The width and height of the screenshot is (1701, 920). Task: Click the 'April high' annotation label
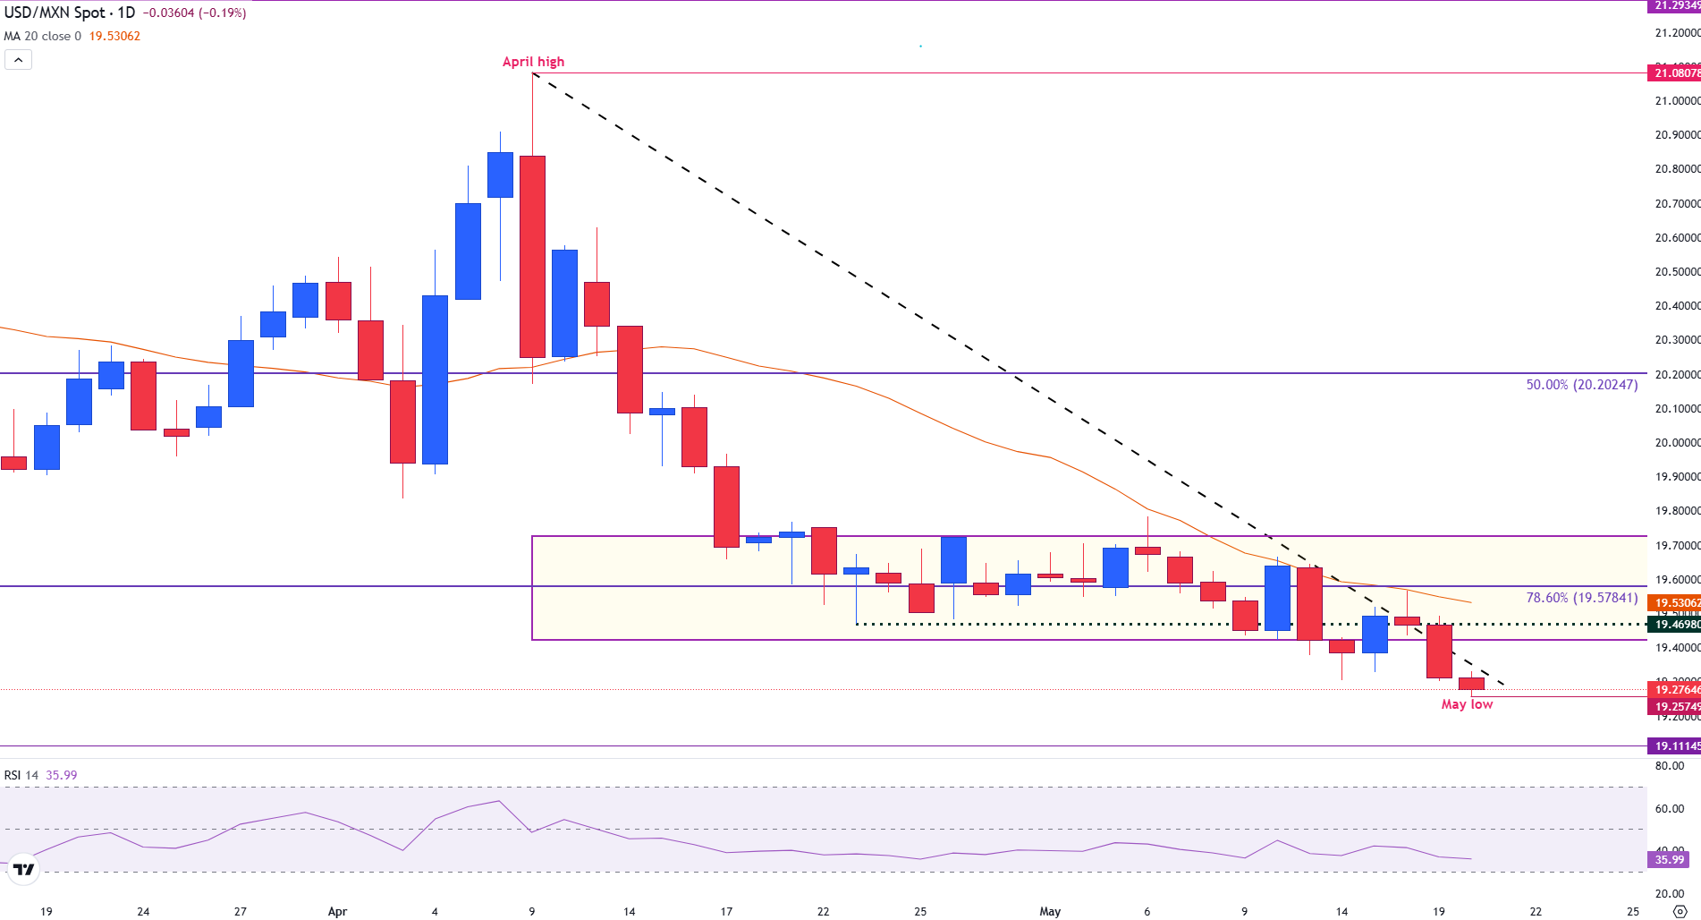pos(533,62)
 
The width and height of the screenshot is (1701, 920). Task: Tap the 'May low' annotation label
pos(1467,704)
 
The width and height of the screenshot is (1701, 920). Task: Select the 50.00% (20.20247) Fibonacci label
pos(1581,385)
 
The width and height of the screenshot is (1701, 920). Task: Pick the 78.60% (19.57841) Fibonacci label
pos(1581,598)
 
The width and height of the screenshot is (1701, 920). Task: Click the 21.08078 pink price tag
pos(1674,73)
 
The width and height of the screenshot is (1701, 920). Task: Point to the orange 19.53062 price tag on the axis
pos(1674,603)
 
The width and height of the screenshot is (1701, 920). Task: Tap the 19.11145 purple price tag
pos(1674,746)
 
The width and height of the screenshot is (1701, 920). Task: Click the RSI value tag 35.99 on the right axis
pos(1669,860)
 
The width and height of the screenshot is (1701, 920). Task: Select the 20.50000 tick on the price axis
pos(1676,272)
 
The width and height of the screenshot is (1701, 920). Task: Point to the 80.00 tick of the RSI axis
pos(1670,766)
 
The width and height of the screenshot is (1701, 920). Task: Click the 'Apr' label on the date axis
pos(337,912)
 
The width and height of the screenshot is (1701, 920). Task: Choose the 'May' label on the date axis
pos(1050,912)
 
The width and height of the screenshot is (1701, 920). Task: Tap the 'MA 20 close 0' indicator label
pos(42,37)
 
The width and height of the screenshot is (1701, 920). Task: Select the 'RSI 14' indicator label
pos(21,775)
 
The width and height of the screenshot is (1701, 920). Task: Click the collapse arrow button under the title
pos(18,60)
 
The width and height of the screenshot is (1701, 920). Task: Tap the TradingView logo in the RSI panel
pos(24,869)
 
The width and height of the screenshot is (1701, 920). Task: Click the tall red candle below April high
pos(533,257)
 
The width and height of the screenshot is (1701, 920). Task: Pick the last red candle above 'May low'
pos(1471,684)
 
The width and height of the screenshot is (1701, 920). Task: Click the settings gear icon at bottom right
pos(1680,912)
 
